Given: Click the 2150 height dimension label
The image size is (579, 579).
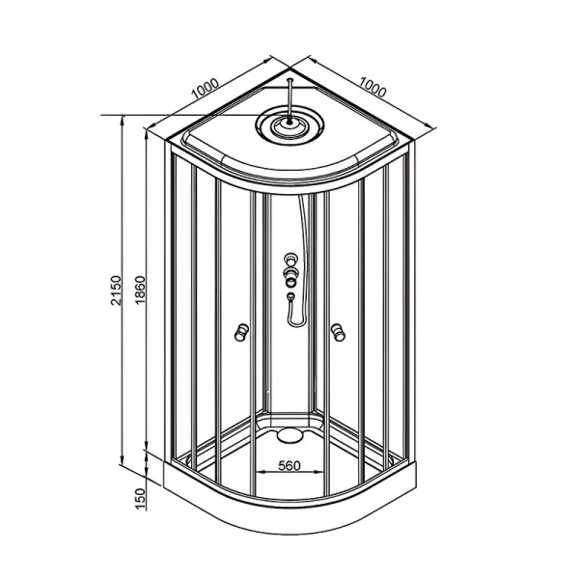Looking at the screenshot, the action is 116,290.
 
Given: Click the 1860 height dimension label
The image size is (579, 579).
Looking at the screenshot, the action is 140,290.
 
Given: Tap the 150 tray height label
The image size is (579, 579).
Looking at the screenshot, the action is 140,499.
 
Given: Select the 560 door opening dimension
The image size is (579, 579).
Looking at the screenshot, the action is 289,466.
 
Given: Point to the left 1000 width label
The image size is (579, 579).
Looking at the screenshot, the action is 206,89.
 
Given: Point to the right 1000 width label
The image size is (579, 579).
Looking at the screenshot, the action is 372,87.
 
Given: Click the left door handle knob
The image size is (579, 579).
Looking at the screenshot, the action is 242,332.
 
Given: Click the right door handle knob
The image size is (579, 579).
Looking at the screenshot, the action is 338,331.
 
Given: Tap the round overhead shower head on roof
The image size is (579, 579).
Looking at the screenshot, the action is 290,124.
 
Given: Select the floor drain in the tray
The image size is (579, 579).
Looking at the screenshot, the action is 289,434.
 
